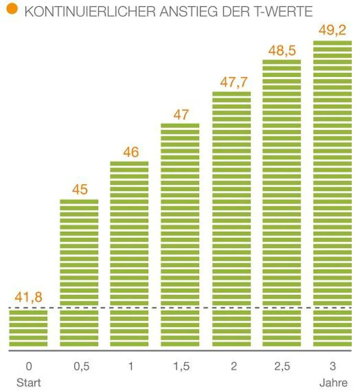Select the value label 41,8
pos(28,298)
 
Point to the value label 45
pos(79,190)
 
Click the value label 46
pos(130,152)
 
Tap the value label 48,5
pos(282,50)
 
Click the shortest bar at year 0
pos(28,328)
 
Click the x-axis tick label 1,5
pos(181,367)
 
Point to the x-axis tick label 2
pos(233,367)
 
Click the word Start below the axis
pos(29,383)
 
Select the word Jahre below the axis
pos(333,383)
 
